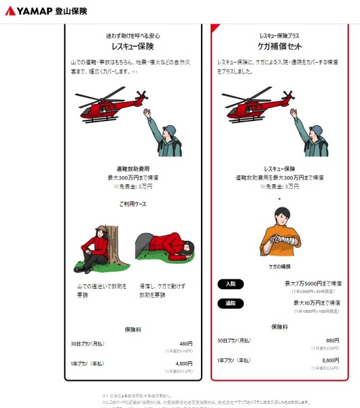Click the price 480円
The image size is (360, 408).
(186, 343)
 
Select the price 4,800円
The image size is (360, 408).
(184, 364)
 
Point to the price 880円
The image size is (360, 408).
(332, 340)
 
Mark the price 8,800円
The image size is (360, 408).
(330, 360)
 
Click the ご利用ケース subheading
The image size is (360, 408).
(132, 203)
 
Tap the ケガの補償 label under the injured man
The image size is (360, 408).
(280, 267)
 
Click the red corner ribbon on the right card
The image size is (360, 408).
(215, 28)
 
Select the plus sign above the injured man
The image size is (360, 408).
(280, 198)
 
